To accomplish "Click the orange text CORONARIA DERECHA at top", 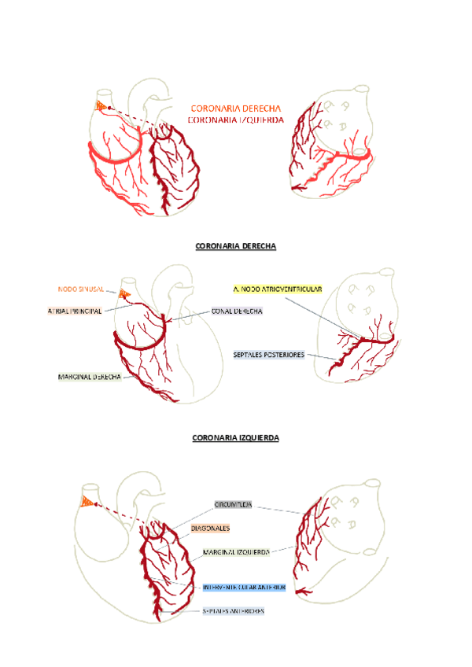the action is tap(236, 109).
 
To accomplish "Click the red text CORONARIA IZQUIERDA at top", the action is tap(236, 120).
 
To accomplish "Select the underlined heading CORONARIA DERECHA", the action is tap(236, 246).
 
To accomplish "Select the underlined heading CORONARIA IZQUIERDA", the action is tap(236, 437).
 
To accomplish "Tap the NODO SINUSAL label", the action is tap(81, 289).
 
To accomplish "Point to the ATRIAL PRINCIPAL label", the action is tap(76, 311).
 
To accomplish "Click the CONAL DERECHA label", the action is tap(237, 311).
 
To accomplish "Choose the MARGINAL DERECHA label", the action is tap(89, 377).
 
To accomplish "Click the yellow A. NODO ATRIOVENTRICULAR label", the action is tap(278, 289).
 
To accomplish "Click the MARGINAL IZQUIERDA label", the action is tap(236, 552).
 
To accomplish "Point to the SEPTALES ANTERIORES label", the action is tap(233, 610).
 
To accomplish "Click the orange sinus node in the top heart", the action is tap(101, 105).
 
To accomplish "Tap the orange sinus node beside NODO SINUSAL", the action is tap(124, 293).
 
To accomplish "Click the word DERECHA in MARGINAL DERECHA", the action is tap(105, 377).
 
